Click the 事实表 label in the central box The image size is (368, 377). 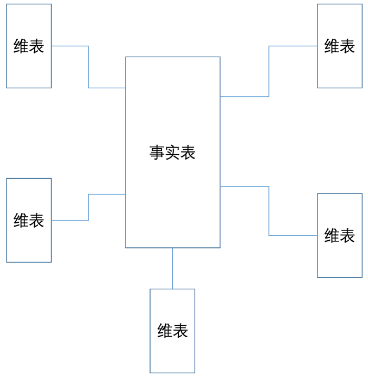pos(172,153)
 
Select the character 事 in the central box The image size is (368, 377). pos(157,153)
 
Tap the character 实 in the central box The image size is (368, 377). pos(172,153)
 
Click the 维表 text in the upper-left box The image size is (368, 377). pos(29,46)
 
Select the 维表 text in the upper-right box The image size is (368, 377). pos(340,46)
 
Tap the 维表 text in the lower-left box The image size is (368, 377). pos(29,221)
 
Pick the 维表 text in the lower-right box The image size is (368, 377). pos(340,235)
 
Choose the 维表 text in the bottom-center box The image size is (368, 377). pos(172,331)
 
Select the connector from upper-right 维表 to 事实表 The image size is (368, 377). pos(269,71)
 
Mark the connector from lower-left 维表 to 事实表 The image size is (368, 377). pos(89,207)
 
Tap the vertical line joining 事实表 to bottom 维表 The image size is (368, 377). pos(172,268)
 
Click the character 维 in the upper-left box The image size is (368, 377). pos(21,46)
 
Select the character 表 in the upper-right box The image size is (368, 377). pos(347,46)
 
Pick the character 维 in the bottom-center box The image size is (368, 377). pos(165,331)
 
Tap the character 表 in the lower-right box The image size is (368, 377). pos(347,235)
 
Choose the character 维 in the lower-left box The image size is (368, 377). pos(21,221)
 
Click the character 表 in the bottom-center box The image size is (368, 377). pos(180,331)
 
